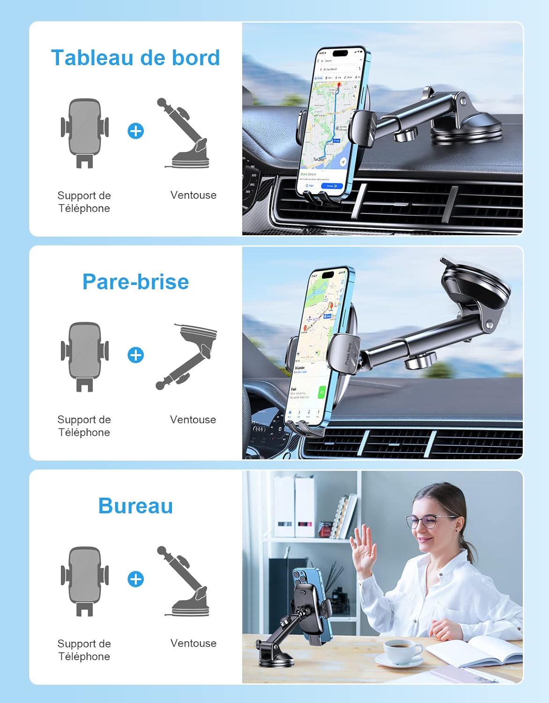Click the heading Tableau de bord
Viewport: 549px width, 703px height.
(135, 58)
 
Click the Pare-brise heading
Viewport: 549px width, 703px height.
(135, 282)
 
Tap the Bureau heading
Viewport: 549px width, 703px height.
(135, 506)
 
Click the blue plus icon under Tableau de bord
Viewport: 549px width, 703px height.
(136, 131)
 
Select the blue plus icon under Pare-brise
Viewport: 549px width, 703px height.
(136, 355)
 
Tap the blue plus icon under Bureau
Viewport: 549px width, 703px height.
(136, 579)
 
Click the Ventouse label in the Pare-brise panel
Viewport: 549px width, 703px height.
(193, 419)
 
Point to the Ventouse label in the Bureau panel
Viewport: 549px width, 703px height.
(193, 643)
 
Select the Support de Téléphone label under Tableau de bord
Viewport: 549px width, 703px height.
(84, 202)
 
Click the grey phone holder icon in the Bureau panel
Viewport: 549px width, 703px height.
(85, 581)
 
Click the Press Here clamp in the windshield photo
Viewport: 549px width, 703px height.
(346, 354)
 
